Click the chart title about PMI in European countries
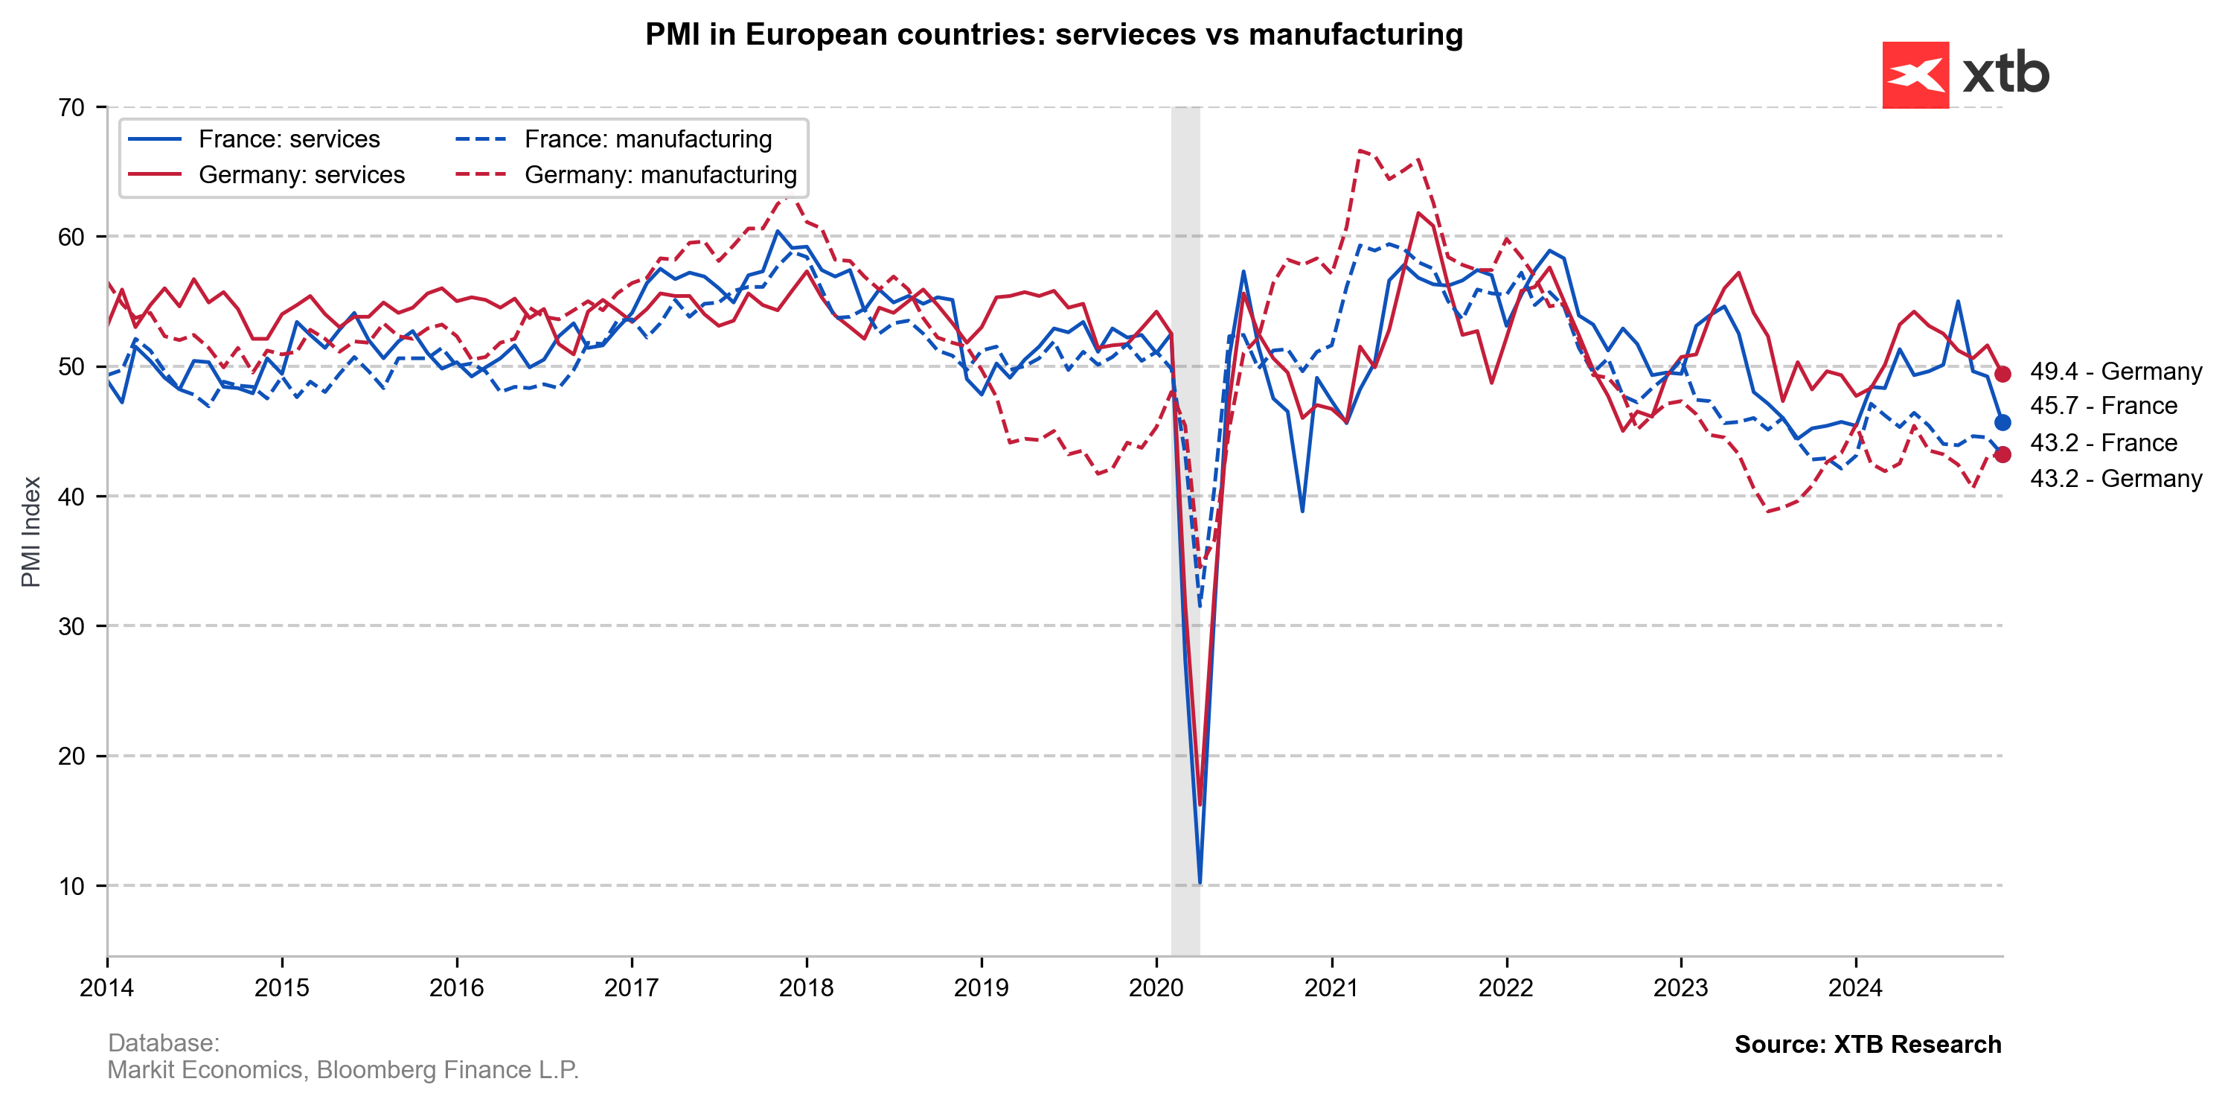tap(1054, 34)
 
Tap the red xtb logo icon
tap(1915, 75)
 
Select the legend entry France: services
tap(289, 139)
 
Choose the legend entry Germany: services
tap(301, 174)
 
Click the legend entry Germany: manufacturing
tap(660, 174)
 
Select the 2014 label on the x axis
tap(107, 987)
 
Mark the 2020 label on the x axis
tap(1156, 987)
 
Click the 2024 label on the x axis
tap(1855, 987)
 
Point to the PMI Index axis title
tap(31, 532)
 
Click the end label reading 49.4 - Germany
tap(2116, 372)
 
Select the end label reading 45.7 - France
tap(2103, 406)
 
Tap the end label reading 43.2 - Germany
tap(2116, 479)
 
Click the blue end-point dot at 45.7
tap(2002, 422)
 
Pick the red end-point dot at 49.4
tap(2002, 374)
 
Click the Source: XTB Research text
tap(1867, 1045)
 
